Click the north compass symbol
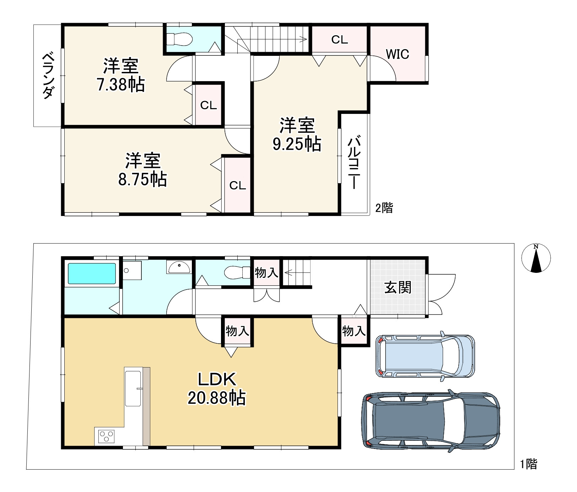536,258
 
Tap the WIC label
397,54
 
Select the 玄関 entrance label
398,287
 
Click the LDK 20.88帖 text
217,388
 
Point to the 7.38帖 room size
121,85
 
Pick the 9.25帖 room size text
297,144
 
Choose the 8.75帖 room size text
142,179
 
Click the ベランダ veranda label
48,75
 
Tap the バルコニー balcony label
354,162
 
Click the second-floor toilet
179,39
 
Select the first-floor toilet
238,273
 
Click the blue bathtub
92,274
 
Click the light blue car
425,356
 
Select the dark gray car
431,421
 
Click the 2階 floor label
384,208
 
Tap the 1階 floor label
529,464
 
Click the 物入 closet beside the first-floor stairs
266,273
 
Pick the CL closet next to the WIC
339,39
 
